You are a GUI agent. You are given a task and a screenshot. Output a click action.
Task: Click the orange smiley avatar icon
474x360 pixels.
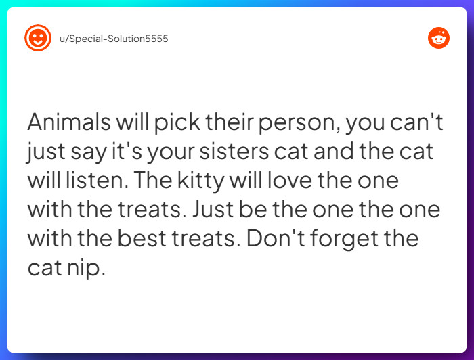coord(38,38)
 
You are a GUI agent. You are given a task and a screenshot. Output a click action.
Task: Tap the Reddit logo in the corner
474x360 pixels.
coord(439,38)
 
